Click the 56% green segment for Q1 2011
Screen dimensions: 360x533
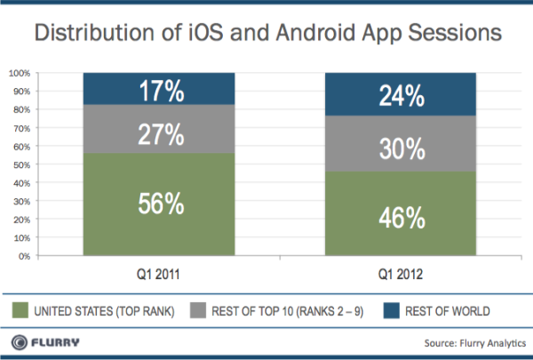[x=160, y=204]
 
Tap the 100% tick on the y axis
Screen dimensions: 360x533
[x=20, y=73]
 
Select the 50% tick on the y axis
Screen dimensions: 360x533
[x=22, y=164]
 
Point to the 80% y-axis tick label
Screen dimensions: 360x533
[x=22, y=109]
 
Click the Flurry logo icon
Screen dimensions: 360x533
[x=18, y=341]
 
